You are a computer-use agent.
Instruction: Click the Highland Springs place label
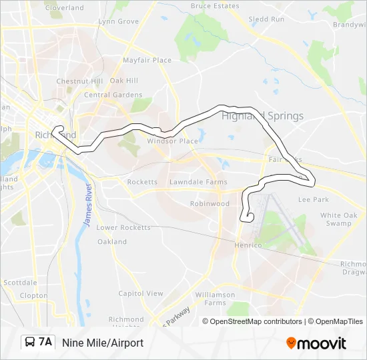pyautogui.click(x=262, y=116)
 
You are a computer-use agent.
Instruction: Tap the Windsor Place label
pyautogui.click(x=173, y=141)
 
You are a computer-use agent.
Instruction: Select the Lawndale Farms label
pyautogui.click(x=198, y=182)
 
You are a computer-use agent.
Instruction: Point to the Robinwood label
pyautogui.click(x=210, y=203)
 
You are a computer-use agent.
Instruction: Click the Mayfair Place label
pyautogui.click(x=147, y=60)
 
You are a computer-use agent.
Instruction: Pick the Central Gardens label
pyautogui.click(x=113, y=95)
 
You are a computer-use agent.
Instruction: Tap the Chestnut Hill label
pyautogui.click(x=79, y=81)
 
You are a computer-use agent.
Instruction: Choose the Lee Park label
pyautogui.click(x=313, y=199)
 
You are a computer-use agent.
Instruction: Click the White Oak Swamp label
pyautogui.click(x=339, y=219)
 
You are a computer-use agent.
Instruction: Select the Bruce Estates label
pyautogui.click(x=215, y=6)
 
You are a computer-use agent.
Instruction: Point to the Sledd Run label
pyautogui.click(x=266, y=19)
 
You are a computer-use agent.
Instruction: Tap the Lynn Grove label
pyautogui.click(x=119, y=21)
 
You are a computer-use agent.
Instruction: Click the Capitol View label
pyautogui.click(x=141, y=293)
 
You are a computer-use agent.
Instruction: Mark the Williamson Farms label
pyautogui.click(x=215, y=298)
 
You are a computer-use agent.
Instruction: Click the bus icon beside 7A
pyautogui.click(x=30, y=342)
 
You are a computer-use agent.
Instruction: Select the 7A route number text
pyautogui.click(x=45, y=342)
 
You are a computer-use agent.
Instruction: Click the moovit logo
pyautogui.click(x=316, y=343)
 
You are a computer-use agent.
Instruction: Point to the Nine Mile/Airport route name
pyautogui.click(x=103, y=343)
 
